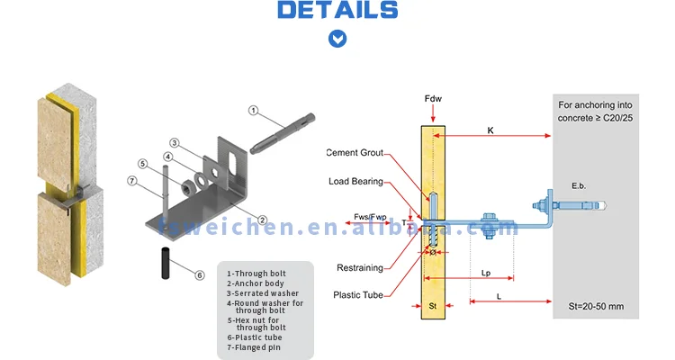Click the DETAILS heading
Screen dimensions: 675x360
337,11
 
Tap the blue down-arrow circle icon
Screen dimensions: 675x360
337,39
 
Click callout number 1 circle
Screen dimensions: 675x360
253,111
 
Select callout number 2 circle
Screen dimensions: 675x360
262,220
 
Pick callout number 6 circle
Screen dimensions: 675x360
200,274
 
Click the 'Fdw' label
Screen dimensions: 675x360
433,97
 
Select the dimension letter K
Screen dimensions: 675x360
490,130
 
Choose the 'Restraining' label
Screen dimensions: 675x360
360,267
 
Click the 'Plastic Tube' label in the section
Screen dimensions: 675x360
360,294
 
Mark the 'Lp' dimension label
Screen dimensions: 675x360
486,271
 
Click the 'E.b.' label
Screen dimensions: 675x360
579,185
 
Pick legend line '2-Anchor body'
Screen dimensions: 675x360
256,283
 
